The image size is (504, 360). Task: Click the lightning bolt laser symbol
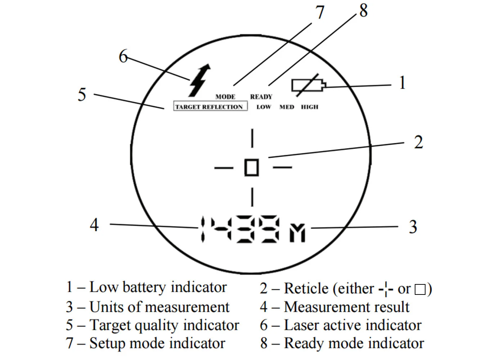pyautogui.click(x=199, y=81)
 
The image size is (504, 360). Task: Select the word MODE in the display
pyautogui.click(x=225, y=97)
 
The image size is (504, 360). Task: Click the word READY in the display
pyautogui.click(x=261, y=97)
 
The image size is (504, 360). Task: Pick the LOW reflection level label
pyautogui.click(x=264, y=107)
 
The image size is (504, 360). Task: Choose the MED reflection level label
pyautogui.click(x=287, y=107)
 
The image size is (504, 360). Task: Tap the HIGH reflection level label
pyautogui.click(x=310, y=107)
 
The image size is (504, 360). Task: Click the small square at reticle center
pyautogui.click(x=252, y=167)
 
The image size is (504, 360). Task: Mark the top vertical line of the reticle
pyautogui.click(x=252, y=138)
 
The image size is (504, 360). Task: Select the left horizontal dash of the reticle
pyautogui.click(x=224, y=167)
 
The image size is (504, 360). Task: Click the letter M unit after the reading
pyautogui.click(x=297, y=233)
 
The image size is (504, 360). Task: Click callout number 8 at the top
pyautogui.click(x=364, y=10)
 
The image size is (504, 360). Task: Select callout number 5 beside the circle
pyautogui.click(x=82, y=95)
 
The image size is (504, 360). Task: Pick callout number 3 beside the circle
pyautogui.click(x=413, y=227)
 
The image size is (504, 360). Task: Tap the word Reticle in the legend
pyautogui.click(x=306, y=289)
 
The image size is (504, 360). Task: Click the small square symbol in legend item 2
pyautogui.click(x=420, y=289)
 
